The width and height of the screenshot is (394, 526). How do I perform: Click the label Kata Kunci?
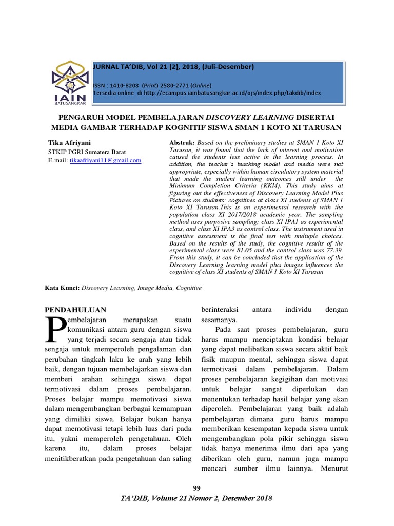coord(62,289)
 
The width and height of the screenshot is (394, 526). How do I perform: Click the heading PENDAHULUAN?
coord(75,310)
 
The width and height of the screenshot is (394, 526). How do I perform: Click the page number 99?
coord(196,487)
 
